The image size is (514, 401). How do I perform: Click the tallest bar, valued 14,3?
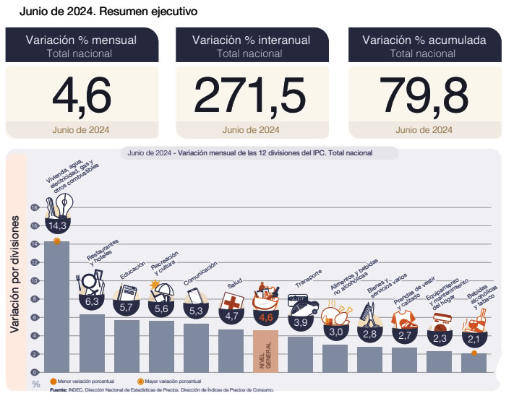point(57,303)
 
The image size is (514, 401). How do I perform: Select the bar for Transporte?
point(300,354)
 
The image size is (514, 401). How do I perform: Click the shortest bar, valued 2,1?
point(474,362)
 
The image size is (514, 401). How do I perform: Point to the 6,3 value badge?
point(92,301)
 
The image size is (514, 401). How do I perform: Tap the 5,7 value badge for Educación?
point(127,307)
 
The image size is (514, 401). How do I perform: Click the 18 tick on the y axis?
point(33,207)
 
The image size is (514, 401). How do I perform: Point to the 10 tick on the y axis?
point(33,280)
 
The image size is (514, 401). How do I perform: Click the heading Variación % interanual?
point(250,40)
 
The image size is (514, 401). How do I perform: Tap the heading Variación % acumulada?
point(424,40)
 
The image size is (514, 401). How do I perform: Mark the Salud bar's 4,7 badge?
point(231,315)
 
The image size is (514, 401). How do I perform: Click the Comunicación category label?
point(199,278)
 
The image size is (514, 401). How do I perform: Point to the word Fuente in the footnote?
point(59,389)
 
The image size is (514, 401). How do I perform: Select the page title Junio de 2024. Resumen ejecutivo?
point(108,12)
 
